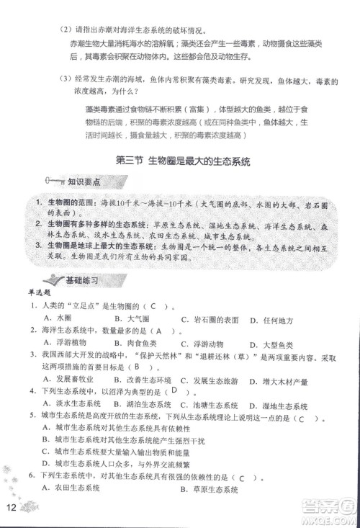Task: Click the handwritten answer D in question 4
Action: pyautogui.click(x=174, y=391)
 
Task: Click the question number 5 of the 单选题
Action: pyautogui.click(x=32, y=418)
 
